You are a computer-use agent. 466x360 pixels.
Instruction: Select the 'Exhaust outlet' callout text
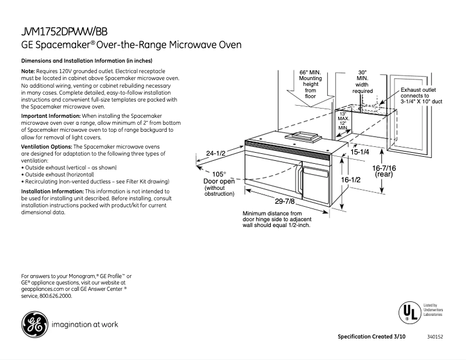[418, 90]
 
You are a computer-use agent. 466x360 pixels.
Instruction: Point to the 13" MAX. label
[343, 115]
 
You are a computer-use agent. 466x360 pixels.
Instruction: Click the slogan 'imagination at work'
[85, 324]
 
